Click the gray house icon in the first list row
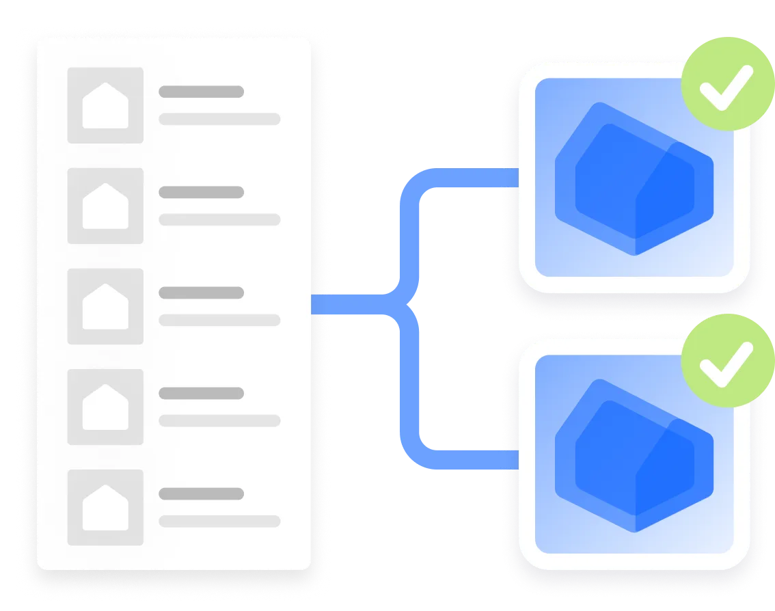(105, 105)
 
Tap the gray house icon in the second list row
(105, 206)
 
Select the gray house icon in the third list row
(105, 306)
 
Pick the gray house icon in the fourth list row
(105, 407)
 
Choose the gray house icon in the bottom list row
(105, 507)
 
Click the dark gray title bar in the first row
(201, 92)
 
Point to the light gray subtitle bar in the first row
(219, 119)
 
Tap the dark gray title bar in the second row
(201, 192)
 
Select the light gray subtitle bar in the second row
(219, 219)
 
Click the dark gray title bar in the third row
(201, 293)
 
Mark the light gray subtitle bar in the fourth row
(219, 420)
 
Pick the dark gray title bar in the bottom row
(201, 493)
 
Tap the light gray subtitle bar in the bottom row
(219, 521)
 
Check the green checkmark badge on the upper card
(727, 83)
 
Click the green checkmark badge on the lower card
(727, 361)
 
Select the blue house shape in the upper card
(634, 179)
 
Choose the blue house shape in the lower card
(634, 456)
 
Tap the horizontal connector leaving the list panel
(349, 303)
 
